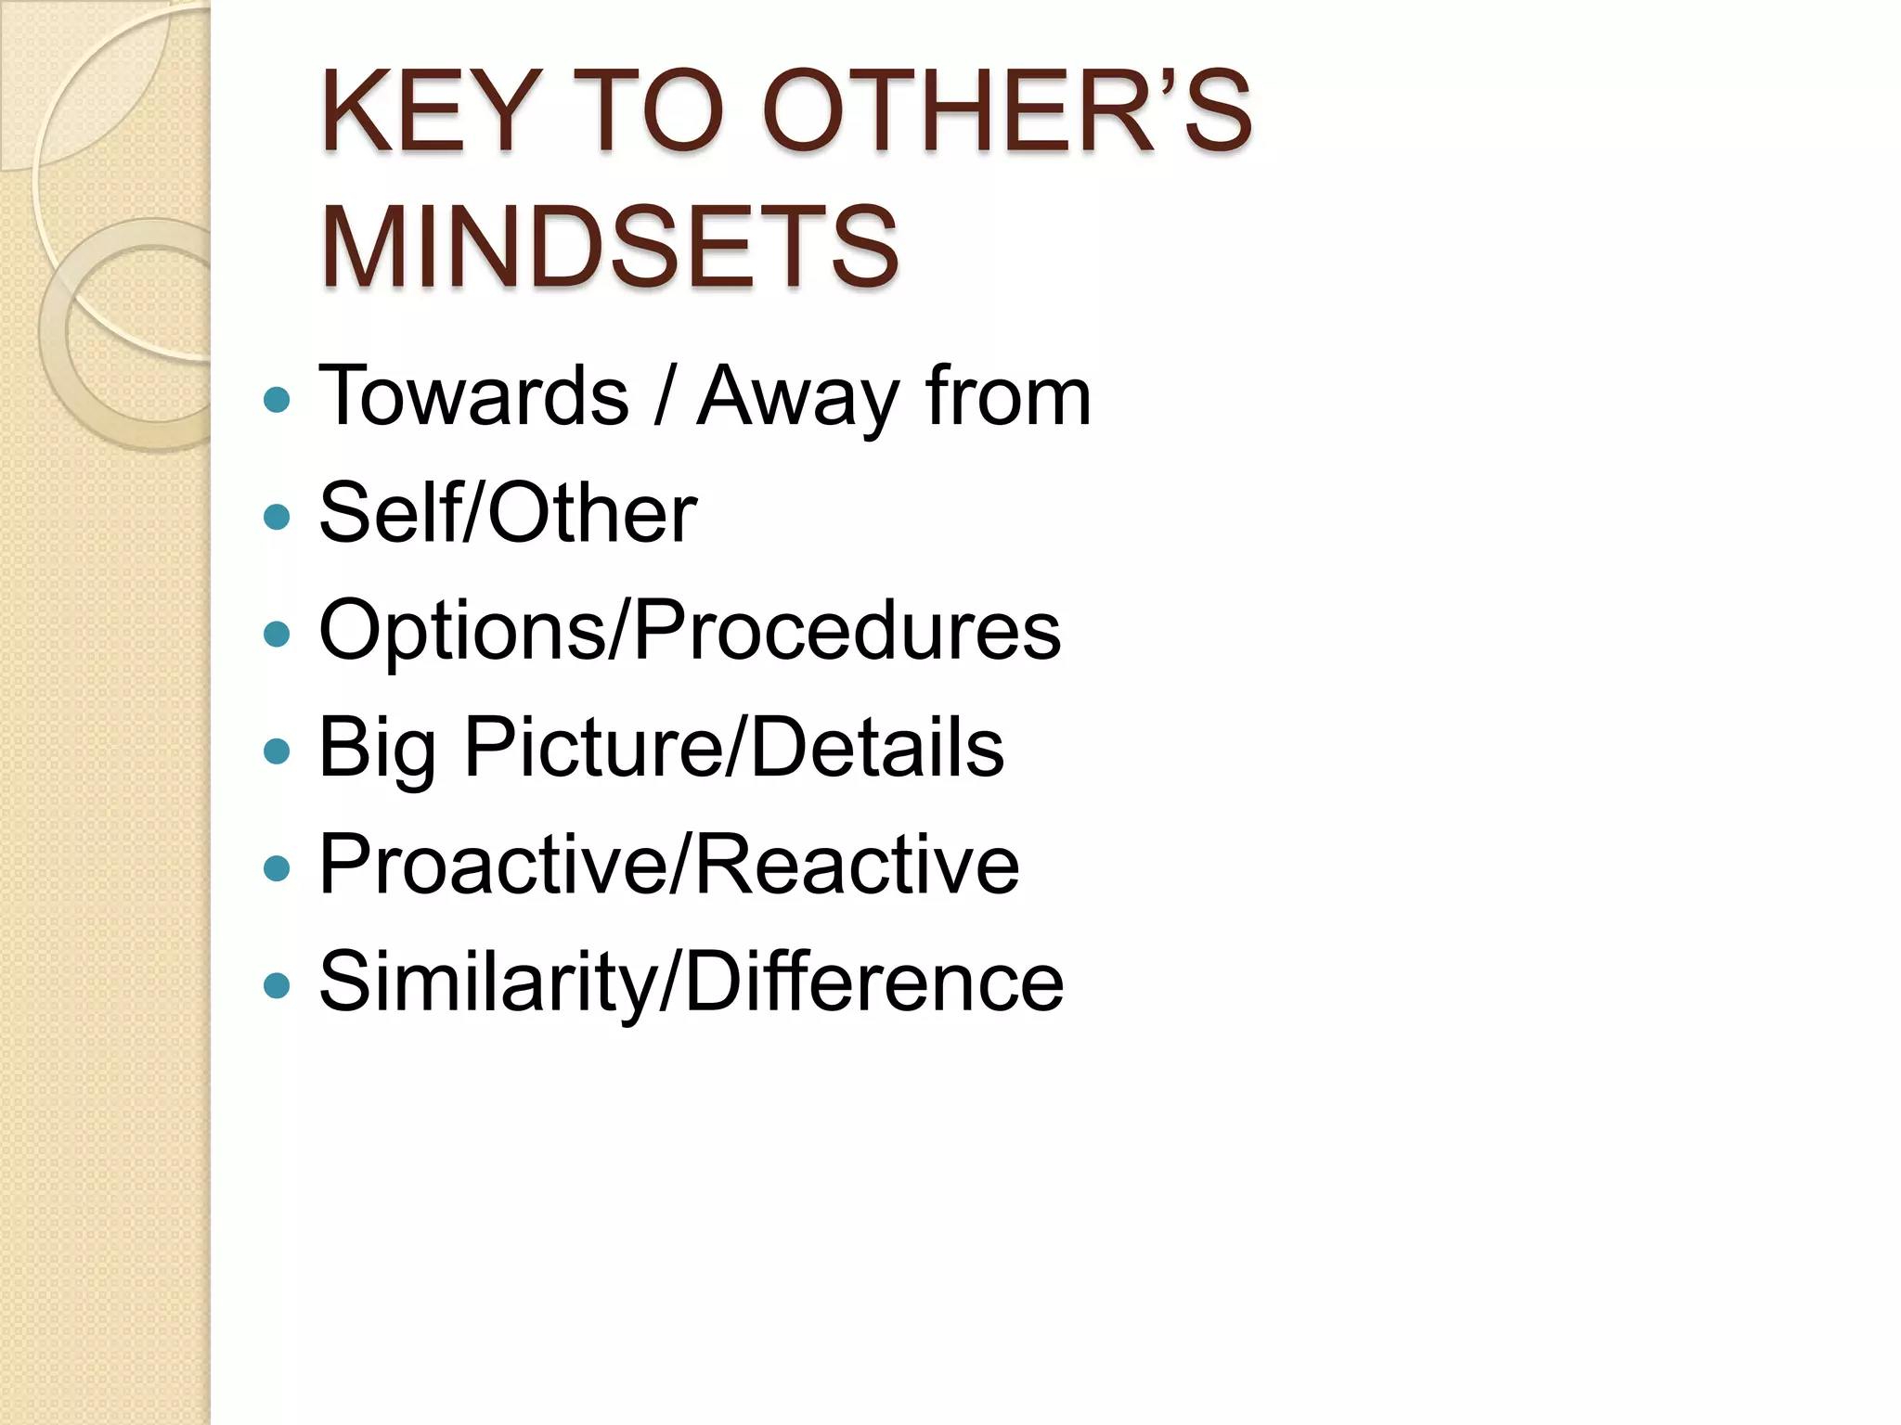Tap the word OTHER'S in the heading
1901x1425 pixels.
(x=1007, y=113)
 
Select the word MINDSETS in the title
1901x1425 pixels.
(x=609, y=247)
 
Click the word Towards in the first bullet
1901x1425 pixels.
(x=473, y=396)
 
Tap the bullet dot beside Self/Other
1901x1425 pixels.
(x=277, y=516)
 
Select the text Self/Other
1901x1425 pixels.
(x=508, y=513)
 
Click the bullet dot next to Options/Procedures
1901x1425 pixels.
(x=277, y=634)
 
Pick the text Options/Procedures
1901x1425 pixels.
(x=690, y=631)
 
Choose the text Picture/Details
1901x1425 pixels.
(x=733, y=748)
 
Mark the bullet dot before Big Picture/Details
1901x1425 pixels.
(x=277, y=751)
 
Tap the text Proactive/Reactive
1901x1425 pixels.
(x=669, y=865)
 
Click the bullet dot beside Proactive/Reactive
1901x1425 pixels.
(x=277, y=868)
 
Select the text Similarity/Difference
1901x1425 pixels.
(x=691, y=982)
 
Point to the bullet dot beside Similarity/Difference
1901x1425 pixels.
(x=277, y=985)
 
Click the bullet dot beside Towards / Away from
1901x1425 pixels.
(x=277, y=400)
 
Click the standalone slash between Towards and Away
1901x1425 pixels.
(x=662, y=396)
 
